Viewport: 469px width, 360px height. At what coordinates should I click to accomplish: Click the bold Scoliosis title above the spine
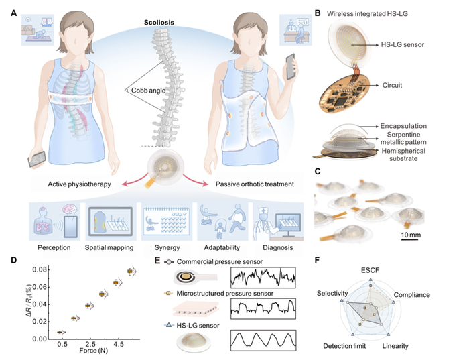tap(159, 22)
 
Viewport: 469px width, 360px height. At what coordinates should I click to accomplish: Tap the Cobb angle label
tap(148, 91)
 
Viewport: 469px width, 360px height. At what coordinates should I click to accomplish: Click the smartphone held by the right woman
tap(290, 67)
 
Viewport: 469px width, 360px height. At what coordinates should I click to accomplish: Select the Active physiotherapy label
tap(79, 184)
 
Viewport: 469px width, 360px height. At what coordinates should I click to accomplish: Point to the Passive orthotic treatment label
tap(255, 184)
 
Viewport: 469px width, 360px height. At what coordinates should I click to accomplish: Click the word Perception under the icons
tap(54, 247)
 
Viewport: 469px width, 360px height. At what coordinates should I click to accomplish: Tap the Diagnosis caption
tap(278, 247)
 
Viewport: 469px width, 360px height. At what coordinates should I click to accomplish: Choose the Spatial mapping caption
tap(109, 247)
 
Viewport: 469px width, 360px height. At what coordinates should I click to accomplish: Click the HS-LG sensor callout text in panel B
tap(402, 45)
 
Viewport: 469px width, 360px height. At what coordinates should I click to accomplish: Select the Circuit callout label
tap(392, 85)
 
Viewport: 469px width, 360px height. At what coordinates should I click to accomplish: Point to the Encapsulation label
tap(403, 126)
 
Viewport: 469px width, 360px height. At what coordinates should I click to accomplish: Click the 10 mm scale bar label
tap(411, 235)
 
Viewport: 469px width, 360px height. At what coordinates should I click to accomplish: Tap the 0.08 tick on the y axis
tap(40, 270)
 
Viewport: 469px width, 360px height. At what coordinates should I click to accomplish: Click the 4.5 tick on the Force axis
tap(119, 344)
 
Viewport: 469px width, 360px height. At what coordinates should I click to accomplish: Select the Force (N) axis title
tap(93, 351)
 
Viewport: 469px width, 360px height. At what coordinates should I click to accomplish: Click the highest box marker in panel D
tap(130, 272)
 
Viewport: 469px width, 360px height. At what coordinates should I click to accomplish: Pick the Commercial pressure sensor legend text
tap(220, 262)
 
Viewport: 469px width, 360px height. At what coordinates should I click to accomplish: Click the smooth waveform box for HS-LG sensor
tap(263, 341)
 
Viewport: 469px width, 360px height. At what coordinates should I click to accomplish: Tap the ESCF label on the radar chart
tap(370, 271)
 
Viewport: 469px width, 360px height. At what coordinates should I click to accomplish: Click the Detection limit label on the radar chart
tap(344, 346)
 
